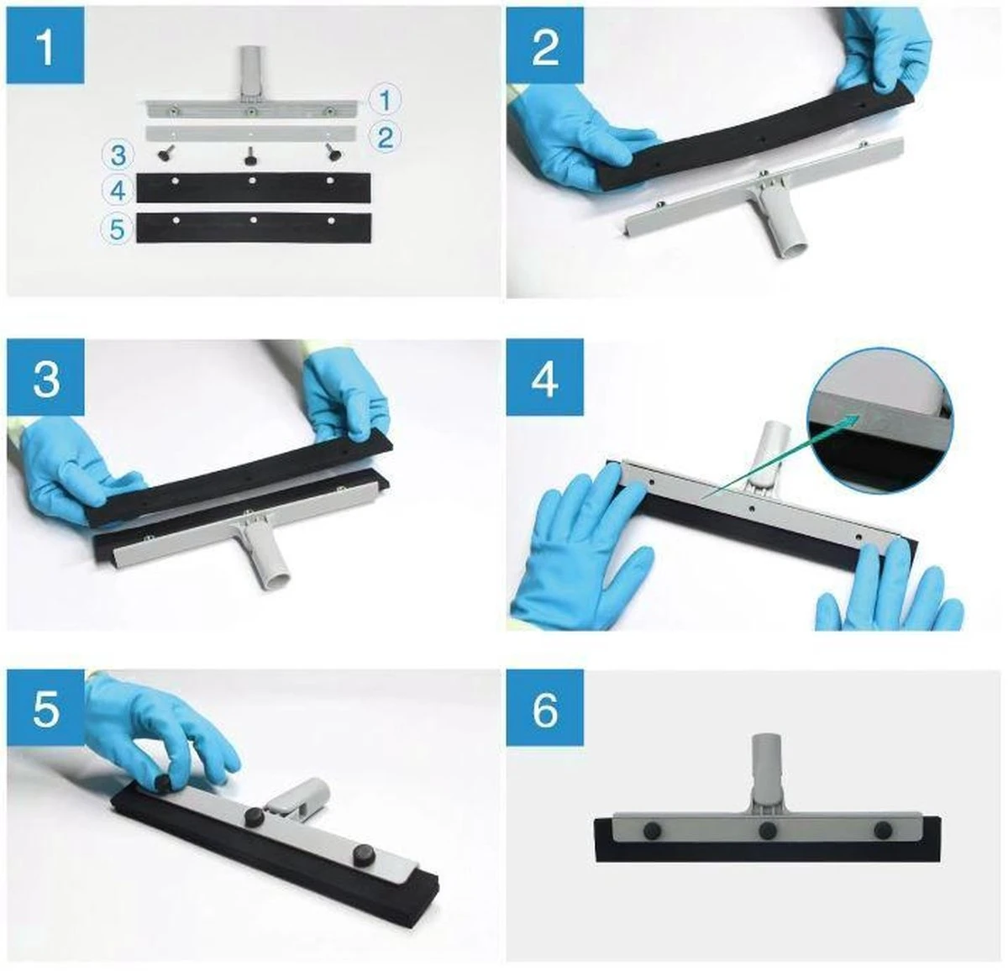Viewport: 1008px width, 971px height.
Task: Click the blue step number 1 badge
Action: tap(45, 45)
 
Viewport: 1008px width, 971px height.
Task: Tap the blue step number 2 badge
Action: tap(545, 45)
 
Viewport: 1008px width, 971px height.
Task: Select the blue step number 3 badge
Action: tap(45, 376)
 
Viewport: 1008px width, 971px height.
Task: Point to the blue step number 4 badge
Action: tap(545, 376)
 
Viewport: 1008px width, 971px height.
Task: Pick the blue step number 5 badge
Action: tap(45, 707)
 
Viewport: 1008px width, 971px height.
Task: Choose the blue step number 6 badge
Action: tap(545, 707)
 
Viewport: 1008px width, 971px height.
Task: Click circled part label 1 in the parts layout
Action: tap(385, 100)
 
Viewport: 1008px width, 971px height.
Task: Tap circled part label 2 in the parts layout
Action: tap(385, 138)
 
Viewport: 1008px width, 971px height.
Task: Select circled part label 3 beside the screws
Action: tap(118, 155)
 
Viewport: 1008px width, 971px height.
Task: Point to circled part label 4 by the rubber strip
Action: tap(118, 192)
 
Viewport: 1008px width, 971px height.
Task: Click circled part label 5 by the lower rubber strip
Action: tap(118, 229)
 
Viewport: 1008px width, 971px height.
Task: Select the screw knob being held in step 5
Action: tap(163, 780)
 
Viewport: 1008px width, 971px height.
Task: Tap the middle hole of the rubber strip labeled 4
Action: tap(252, 181)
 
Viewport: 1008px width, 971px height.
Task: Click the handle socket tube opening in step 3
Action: tap(275, 580)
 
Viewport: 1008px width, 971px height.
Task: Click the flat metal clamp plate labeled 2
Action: tap(251, 133)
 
